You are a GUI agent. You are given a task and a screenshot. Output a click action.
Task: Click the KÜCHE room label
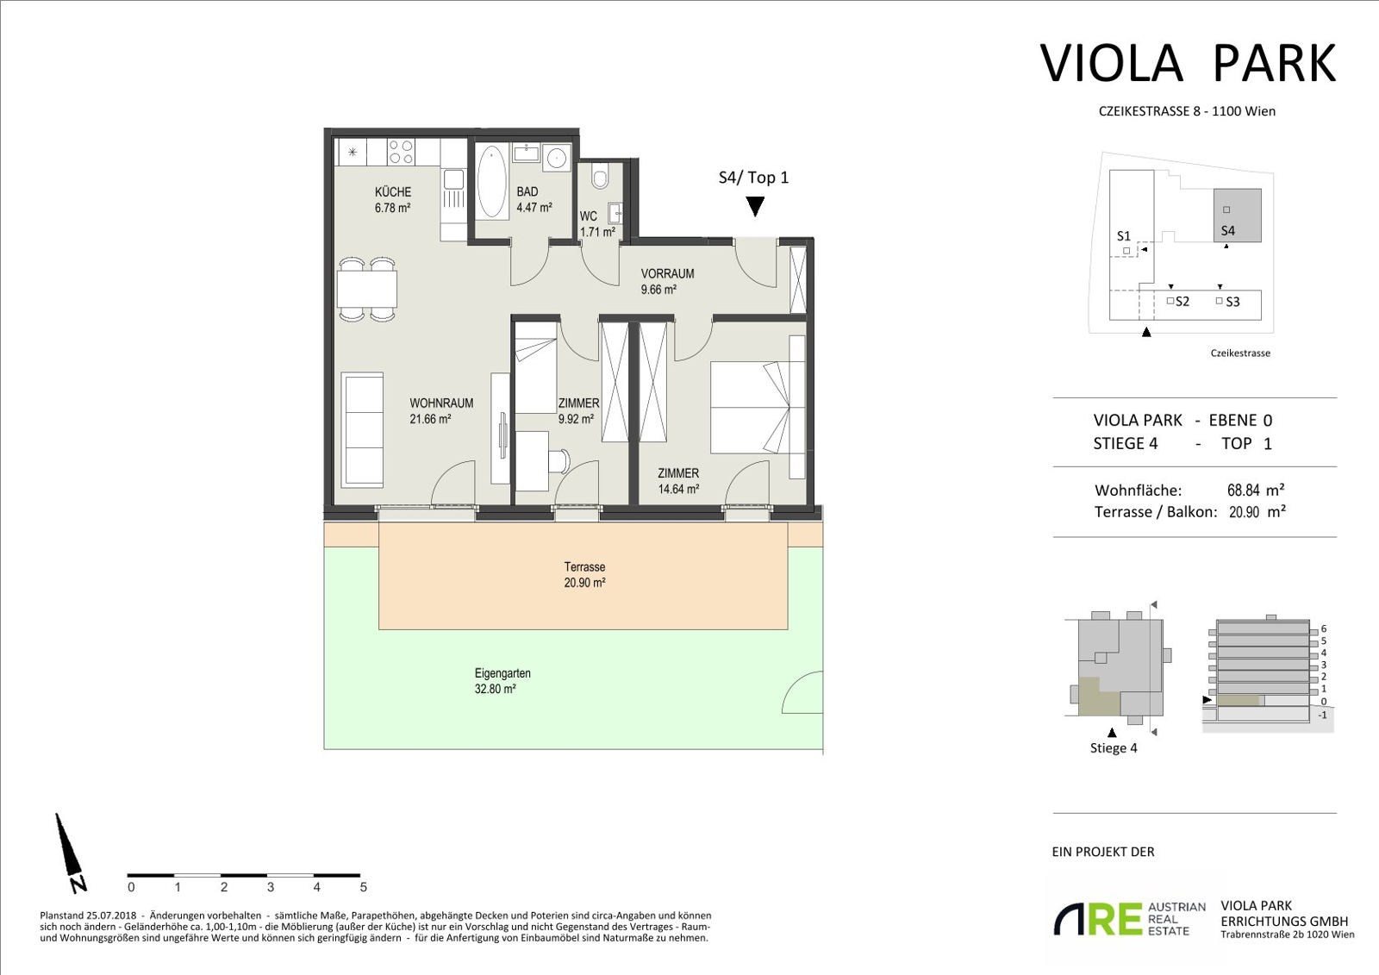[393, 192]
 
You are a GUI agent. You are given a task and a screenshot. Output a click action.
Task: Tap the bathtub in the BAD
[492, 182]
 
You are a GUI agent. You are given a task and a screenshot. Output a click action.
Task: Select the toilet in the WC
[599, 176]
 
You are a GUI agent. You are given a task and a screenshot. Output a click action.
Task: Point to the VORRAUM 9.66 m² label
[667, 281]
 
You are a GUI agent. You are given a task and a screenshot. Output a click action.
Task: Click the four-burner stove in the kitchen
[401, 152]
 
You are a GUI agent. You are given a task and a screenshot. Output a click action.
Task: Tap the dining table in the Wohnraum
[367, 290]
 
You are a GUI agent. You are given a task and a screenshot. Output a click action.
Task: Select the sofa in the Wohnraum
[362, 430]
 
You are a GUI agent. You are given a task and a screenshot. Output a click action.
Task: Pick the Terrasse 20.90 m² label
[585, 575]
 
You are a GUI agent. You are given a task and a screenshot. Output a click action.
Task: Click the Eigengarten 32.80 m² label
[502, 680]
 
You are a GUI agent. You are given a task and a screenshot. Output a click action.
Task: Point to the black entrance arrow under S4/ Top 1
[755, 206]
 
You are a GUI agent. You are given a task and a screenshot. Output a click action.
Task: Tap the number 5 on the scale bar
[363, 887]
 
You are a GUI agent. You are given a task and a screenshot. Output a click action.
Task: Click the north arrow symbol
[70, 853]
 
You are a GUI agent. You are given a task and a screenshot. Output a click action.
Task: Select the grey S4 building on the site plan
[1238, 216]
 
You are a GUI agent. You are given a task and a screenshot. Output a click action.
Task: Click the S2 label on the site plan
[1182, 301]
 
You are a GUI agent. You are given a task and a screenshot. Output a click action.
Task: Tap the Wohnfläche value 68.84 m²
[1255, 491]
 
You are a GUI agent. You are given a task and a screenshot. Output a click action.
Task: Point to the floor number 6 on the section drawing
[1324, 628]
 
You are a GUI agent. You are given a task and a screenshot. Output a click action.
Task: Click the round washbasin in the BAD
[557, 158]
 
